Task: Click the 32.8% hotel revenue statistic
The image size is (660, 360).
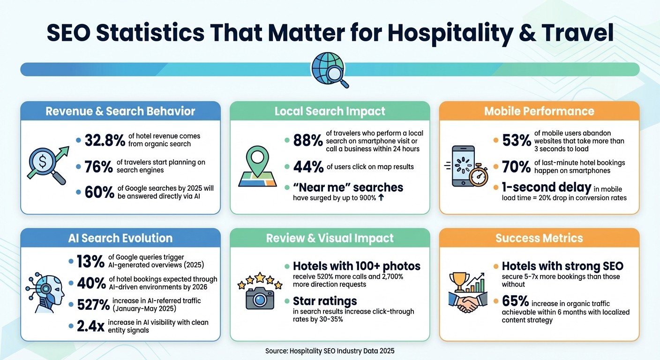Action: tap(105, 140)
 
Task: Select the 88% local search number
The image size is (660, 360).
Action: tap(307, 140)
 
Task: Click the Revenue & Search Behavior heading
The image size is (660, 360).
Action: tap(120, 112)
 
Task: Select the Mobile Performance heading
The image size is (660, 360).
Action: tap(539, 112)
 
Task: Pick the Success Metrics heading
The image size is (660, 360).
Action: tap(539, 238)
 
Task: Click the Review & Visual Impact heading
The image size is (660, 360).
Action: tap(330, 238)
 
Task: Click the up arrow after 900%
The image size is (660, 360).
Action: tap(381, 198)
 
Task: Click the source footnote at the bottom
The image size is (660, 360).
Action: tap(330, 351)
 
